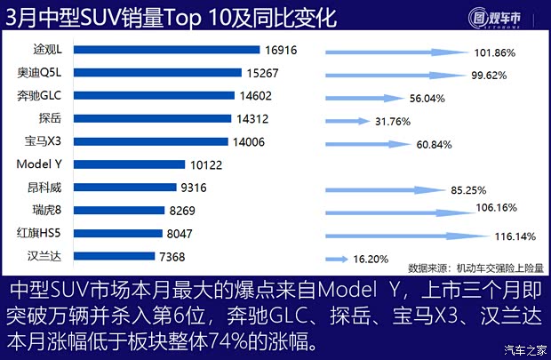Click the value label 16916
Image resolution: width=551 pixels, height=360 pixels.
(282, 50)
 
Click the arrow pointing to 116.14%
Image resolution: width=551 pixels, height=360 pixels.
(405, 236)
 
